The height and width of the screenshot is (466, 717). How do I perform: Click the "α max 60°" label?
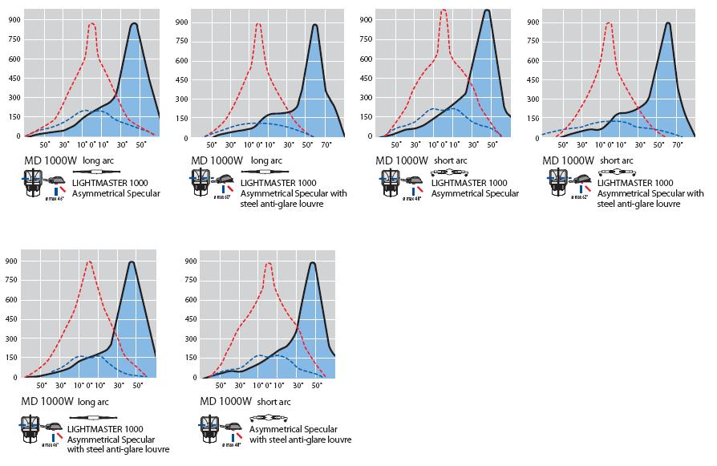(x=222, y=197)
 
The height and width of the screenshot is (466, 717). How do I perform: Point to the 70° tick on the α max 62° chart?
(x=677, y=145)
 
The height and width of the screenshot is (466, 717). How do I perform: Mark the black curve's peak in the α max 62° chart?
(x=668, y=23)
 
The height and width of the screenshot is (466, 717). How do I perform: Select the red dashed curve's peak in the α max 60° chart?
(x=258, y=23)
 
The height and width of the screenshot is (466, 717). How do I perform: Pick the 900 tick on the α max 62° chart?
(x=533, y=22)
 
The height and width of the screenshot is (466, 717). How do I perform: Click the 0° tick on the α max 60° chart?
(x=258, y=145)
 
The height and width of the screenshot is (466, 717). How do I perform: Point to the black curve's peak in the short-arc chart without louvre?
(x=487, y=10)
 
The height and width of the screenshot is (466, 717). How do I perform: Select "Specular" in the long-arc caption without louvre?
(x=142, y=193)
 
